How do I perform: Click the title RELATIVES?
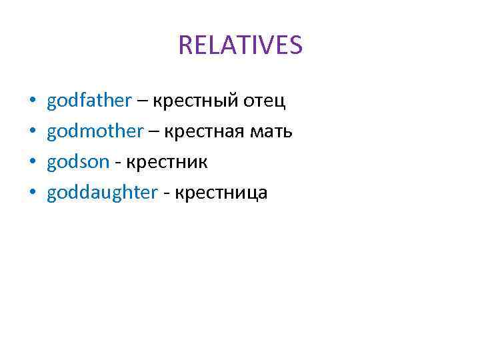click(240, 45)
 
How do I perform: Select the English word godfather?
click(89, 101)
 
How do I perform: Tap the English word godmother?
click(95, 132)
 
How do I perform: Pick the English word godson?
click(77, 163)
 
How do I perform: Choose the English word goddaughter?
click(102, 193)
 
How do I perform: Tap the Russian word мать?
click(271, 132)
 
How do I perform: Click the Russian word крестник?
click(167, 163)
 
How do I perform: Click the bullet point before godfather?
click(32, 102)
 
